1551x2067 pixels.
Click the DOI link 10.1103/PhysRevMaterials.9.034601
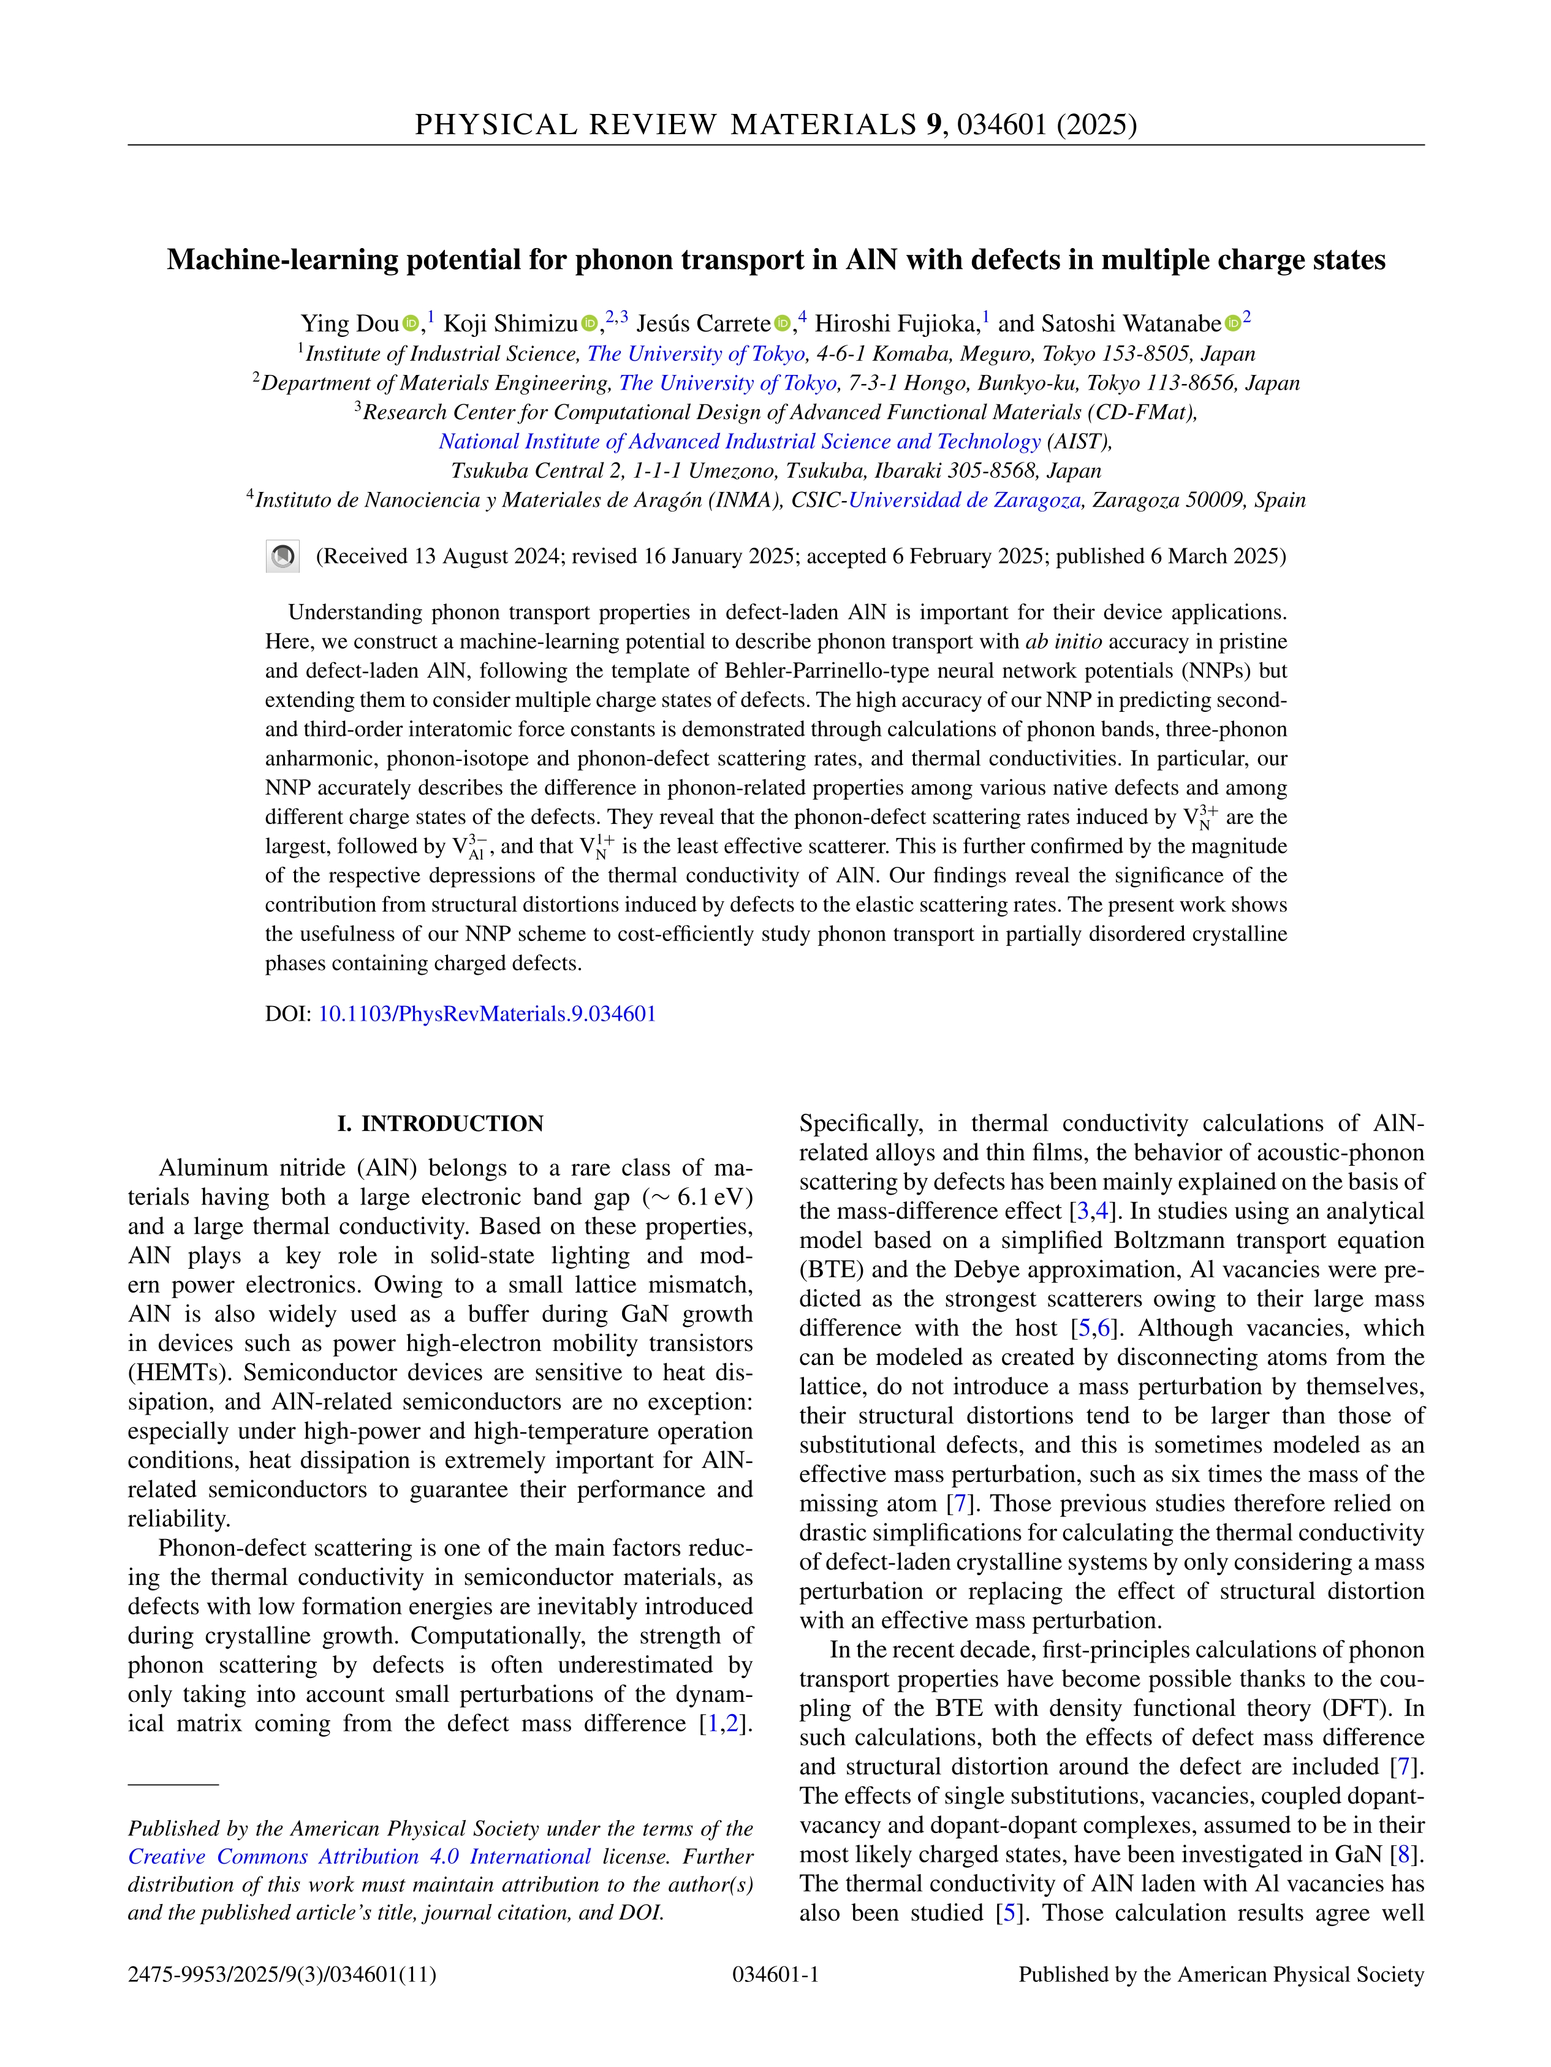coord(487,1014)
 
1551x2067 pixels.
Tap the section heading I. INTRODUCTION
coord(441,1123)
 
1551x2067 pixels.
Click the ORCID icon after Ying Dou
coord(411,324)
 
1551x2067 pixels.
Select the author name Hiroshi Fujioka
coord(897,323)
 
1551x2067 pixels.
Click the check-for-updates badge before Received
coord(283,557)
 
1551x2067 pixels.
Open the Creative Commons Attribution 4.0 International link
coord(360,1857)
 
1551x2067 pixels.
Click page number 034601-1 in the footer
coord(775,1974)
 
